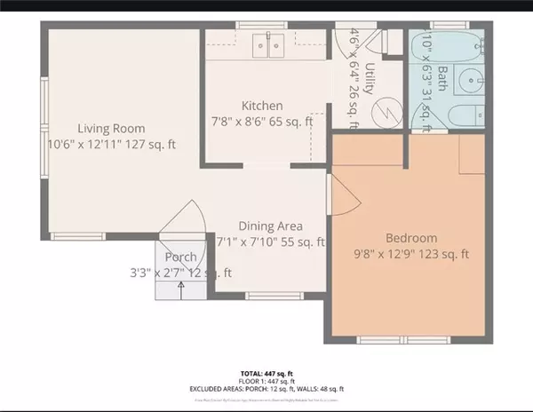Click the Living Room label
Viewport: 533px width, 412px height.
(110, 128)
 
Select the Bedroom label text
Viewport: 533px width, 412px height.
(410, 238)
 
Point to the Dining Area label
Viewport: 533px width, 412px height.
(271, 226)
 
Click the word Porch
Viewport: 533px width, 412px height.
(180, 257)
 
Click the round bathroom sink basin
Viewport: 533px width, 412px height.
(467, 83)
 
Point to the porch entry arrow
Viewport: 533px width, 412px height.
(182, 286)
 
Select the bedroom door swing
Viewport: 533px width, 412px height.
(338, 193)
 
